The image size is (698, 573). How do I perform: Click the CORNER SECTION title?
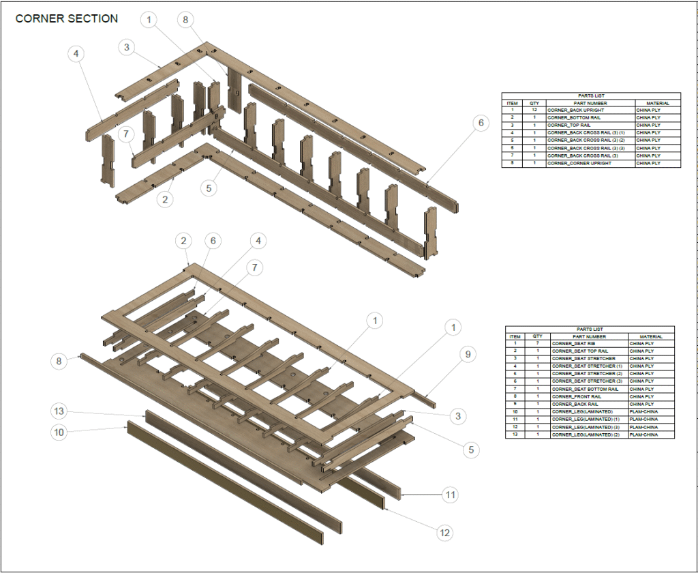click(x=67, y=19)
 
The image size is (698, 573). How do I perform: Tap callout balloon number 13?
click(x=60, y=411)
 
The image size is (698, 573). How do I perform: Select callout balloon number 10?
click(x=60, y=432)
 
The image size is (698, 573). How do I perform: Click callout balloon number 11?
click(x=449, y=495)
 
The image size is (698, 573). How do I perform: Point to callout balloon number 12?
click(x=445, y=532)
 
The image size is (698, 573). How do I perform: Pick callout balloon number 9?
click(x=468, y=354)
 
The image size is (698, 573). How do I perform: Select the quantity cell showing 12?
click(x=534, y=111)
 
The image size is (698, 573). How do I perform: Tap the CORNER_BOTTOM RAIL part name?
click(x=573, y=118)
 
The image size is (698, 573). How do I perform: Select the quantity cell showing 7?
click(x=538, y=344)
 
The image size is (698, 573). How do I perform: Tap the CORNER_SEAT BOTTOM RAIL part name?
click(x=585, y=389)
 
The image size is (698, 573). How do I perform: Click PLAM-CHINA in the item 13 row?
click(x=644, y=435)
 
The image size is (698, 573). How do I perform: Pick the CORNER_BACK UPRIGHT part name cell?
click(x=575, y=111)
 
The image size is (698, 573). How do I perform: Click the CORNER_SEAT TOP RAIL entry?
click(x=579, y=351)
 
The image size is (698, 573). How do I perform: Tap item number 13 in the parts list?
click(x=515, y=435)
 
